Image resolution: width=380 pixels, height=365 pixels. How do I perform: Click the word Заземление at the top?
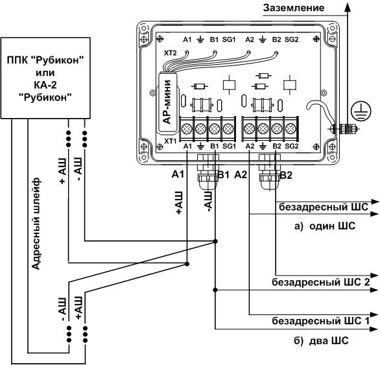click(x=294, y=8)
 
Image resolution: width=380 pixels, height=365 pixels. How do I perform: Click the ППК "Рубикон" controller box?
click(x=45, y=78)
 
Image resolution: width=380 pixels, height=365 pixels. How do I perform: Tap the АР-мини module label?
click(x=167, y=102)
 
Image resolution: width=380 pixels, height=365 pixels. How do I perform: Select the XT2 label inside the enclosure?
click(x=171, y=53)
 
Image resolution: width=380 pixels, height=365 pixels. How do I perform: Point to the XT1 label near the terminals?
click(x=171, y=141)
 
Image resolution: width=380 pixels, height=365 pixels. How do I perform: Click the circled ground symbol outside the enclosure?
click(x=361, y=112)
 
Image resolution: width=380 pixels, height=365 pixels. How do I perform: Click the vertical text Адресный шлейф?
click(x=36, y=224)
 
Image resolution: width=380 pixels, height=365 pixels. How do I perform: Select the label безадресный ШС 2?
click(x=320, y=283)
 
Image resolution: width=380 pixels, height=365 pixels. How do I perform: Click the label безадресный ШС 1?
click(x=320, y=321)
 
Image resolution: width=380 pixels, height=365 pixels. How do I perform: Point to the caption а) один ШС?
click(x=325, y=226)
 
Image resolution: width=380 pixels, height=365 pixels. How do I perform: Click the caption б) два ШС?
click(x=322, y=340)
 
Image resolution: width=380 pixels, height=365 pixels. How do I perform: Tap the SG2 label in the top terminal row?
click(x=291, y=40)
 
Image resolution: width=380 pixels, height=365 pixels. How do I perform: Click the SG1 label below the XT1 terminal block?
click(x=229, y=146)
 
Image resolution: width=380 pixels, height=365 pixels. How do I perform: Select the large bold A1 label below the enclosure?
click(x=178, y=174)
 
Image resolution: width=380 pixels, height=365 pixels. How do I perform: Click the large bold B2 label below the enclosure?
click(x=286, y=175)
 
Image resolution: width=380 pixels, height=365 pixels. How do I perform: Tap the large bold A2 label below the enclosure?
click(x=241, y=174)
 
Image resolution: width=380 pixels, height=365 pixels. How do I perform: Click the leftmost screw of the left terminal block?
click(x=187, y=128)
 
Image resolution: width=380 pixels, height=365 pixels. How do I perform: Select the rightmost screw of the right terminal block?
click(x=291, y=128)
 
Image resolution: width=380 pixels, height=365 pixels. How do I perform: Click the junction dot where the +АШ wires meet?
click(x=187, y=264)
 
